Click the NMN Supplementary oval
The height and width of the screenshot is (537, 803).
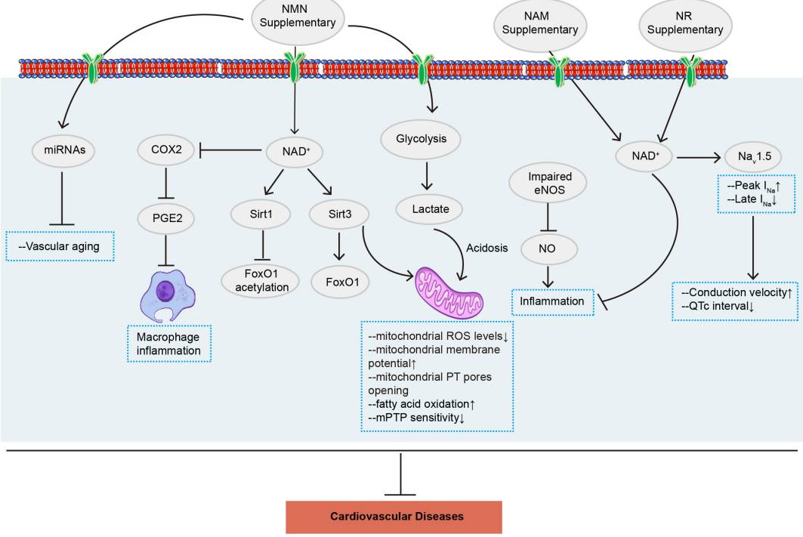(298, 17)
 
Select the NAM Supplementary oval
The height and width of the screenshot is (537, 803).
(539, 23)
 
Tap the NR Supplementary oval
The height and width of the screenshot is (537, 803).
(685, 23)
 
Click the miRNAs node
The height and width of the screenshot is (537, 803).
(64, 150)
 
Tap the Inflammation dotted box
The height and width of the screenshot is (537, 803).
(551, 301)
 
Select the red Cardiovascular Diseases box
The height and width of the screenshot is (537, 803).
(394, 517)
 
